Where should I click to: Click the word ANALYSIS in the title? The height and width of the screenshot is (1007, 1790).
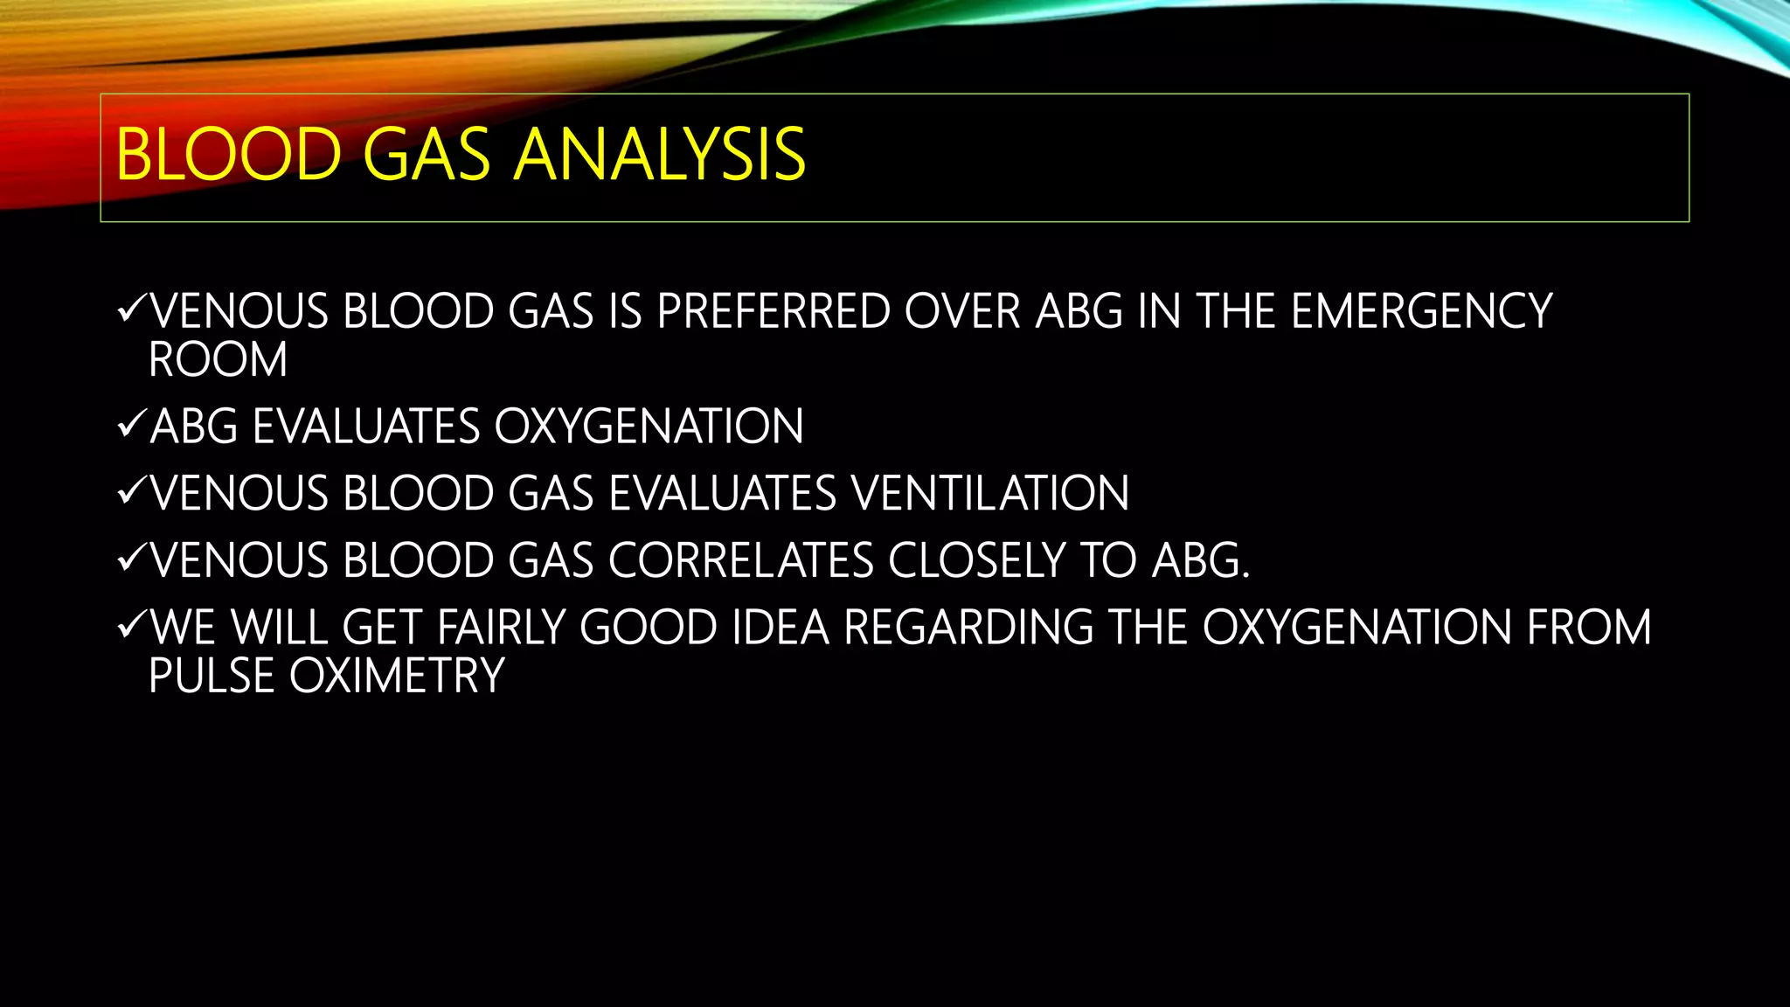(x=659, y=155)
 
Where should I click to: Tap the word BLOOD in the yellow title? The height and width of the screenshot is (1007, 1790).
(x=228, y=155)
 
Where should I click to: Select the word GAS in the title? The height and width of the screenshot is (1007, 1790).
(x=426, y=155)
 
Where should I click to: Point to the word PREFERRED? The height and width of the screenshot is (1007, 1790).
(x=773, y=311)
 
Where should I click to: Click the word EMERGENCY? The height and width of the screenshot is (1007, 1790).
(x=1421, y=311)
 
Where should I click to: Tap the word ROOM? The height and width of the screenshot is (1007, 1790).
(x=218, y=359)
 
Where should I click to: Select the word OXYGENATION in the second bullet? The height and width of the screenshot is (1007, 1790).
(x=649, y=427)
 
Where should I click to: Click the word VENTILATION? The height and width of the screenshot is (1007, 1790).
(x=990, y=493)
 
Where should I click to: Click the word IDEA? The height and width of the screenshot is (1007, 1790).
(x=780, y=628)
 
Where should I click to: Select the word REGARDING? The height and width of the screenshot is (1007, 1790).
(x=968, y=628)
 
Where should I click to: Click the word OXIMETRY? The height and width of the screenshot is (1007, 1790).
(x=397, y=676)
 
